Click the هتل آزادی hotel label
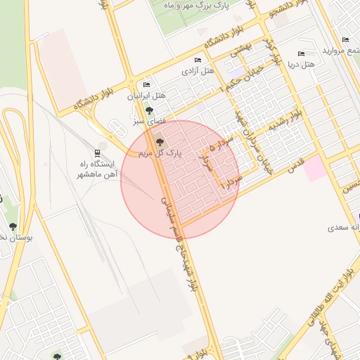198,71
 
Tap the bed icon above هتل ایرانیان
146,84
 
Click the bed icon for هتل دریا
301,53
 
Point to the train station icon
97,152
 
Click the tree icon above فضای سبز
148,111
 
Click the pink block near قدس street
314,168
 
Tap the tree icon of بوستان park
13,226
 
